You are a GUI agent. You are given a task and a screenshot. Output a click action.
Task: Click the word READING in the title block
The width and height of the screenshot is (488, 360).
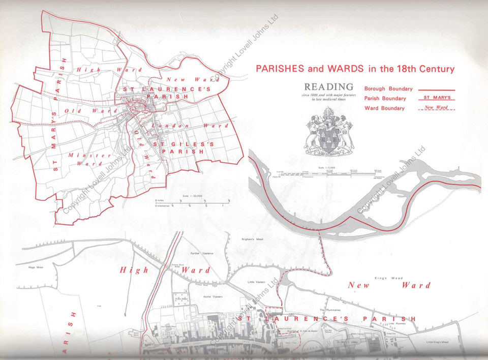(x=328, y=87)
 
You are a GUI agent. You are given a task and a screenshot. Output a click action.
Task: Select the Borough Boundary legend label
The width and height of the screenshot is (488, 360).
(x=388, y=88)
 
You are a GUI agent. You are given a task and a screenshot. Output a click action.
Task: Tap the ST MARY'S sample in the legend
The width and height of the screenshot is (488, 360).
(x=436, y=98)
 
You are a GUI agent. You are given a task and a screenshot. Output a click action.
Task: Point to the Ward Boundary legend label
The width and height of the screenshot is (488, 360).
(x=384, y=108)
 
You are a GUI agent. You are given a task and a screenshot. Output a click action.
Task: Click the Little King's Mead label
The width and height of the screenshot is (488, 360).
(x=438, y=342)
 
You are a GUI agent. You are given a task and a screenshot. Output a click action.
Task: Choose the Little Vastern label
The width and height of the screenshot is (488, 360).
(x=257, y=282)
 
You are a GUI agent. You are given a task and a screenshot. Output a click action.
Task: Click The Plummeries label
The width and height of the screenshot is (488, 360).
(x=329, y=309)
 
